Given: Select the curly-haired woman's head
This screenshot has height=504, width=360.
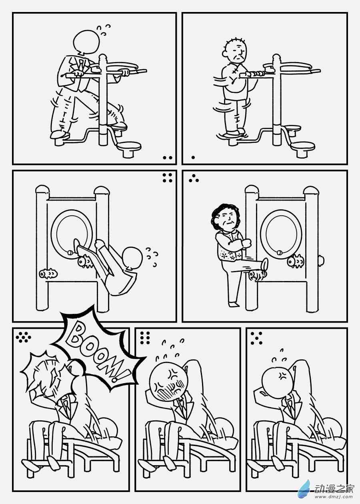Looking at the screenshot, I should pyautogui.click(x=226, y=218).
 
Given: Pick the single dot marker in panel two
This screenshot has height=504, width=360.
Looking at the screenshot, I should pyautogui.click(x=193, y=157).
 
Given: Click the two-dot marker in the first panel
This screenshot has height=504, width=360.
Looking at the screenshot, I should pyautogui.click(x=168, y=157).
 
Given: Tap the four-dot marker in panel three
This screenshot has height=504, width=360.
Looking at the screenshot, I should pyautogui.click(x=168, y=178).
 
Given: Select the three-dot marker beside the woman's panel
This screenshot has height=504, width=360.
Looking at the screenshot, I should pyautogui.click(x=194, y=178).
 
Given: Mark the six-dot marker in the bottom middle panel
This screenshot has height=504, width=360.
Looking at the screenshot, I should pyautogui.click(x=145, y=338).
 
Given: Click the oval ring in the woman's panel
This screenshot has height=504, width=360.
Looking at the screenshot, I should pyautogui.click(x=281, y=233).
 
